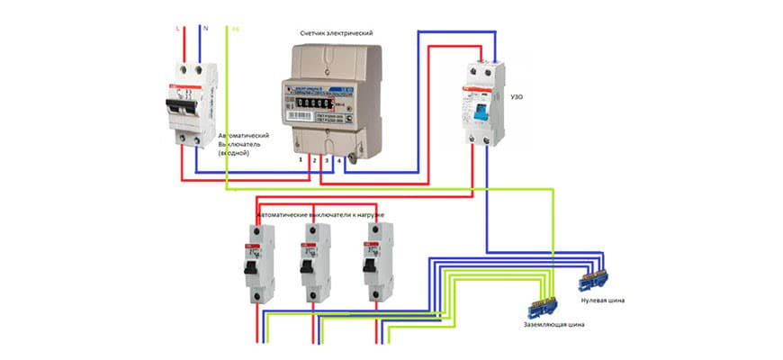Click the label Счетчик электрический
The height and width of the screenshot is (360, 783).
(336, 33)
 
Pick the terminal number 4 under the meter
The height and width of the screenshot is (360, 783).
(338, 159)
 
